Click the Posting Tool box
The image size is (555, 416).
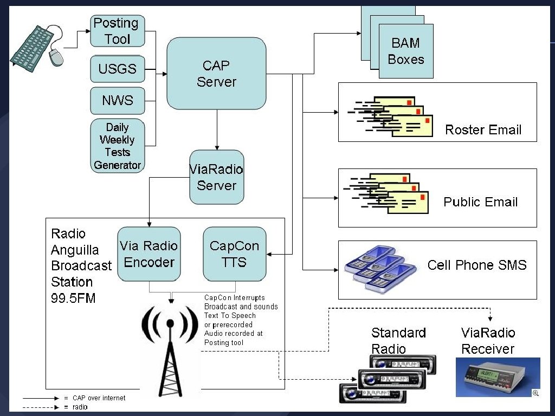[x=118, y=31]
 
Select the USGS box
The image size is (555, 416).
[x=118, y=69]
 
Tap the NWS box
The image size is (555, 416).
[x=118, y=100]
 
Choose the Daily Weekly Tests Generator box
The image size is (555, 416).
[x=118, y=146]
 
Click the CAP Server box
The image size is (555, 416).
[x=216, y=73]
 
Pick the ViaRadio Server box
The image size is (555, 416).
[x=217, y=177]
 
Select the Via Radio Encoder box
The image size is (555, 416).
[x=149, y=254]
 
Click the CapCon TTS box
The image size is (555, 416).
[x=234, y=254]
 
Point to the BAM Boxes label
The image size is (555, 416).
[x=406, y=51]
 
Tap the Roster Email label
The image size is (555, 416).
[x=483, y=129]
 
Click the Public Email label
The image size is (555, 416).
[x=481, y=202]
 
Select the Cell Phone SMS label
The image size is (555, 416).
[x=477, y=265]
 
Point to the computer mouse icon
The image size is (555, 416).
[x=56, y=56]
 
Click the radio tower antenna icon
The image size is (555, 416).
[x=170, y=347]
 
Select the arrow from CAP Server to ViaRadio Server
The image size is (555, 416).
[x=217, y=129]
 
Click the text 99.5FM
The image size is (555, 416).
[x=73, y=298]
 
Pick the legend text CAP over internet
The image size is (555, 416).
[x=99, y=398]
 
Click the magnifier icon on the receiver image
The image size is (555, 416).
[x=535, y=393]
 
